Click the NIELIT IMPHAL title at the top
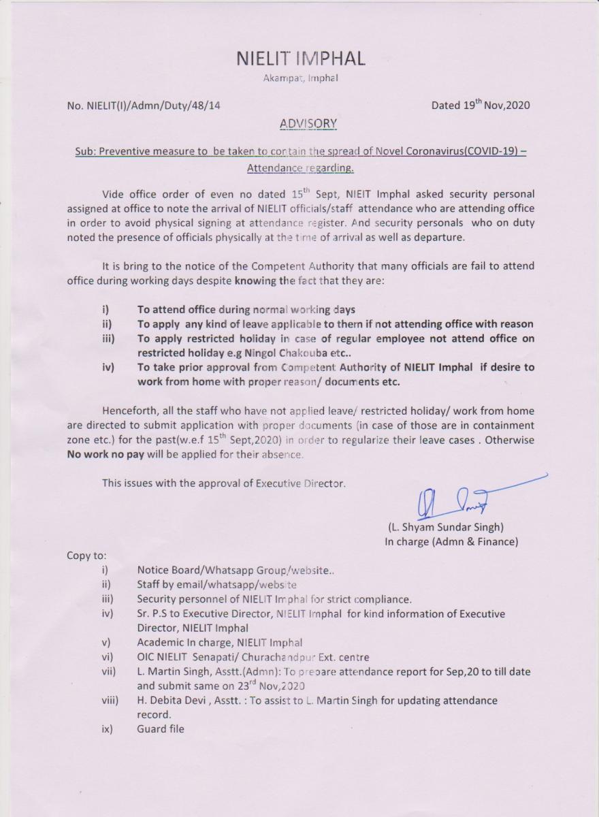(300, 59)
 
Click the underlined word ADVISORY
(308, 123)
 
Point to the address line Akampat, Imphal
(300, 78)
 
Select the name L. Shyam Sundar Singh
(446, 526)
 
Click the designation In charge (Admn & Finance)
(451, 542)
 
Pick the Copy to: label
(86, 555)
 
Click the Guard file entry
(160, 728)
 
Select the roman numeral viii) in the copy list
(110, 700)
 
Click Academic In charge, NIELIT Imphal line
(219, 642)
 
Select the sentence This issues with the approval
(223, 483)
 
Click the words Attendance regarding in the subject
(300, 167)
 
